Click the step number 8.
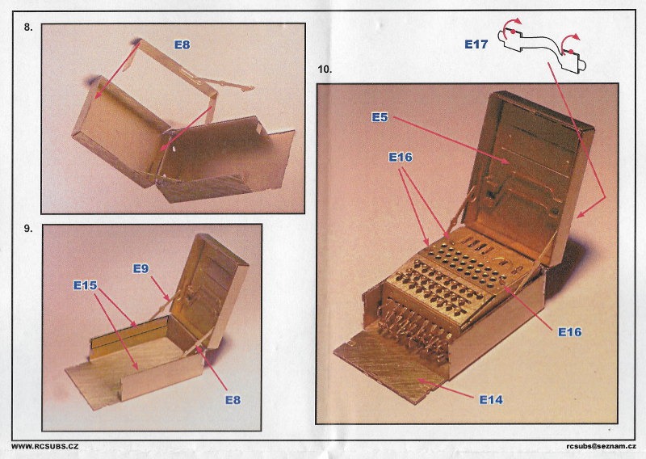pos(28,27)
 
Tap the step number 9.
pos(28,228)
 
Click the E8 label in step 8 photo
pos(182,45)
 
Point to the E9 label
pos(141,269)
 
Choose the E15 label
pos(85,285)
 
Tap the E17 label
pos(476,45)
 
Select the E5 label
pos(380,118)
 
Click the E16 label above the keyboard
pos(401,158)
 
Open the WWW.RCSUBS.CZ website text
pos(44,447)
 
